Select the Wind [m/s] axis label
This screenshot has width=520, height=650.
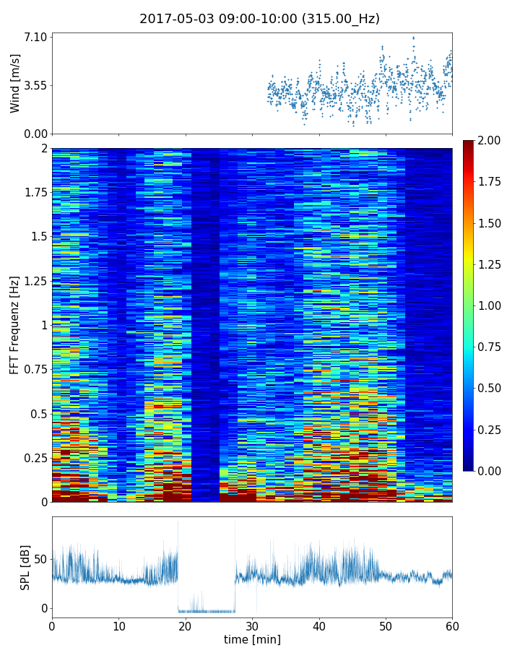[15, 83]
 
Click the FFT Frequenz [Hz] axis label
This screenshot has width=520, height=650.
[15, 325]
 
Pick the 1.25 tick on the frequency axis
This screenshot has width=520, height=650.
[35, 281]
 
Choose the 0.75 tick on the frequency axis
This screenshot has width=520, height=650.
[35, 370]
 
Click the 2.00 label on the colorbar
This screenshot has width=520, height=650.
[491, 140]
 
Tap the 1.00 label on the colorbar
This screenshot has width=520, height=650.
[491, 305]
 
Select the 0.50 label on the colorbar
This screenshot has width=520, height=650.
[491, 388]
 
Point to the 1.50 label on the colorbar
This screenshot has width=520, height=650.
[491, 223]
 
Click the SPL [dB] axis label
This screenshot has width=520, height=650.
[26, 567]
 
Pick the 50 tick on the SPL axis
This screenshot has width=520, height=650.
[40, 560]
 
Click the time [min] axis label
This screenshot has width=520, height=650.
[252, 639]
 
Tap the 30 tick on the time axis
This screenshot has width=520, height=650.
[252, 625]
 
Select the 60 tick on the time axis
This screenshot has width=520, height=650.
[452, 625]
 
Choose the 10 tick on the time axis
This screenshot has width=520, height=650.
[118, 625]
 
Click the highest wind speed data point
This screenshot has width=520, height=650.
[413, 38]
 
